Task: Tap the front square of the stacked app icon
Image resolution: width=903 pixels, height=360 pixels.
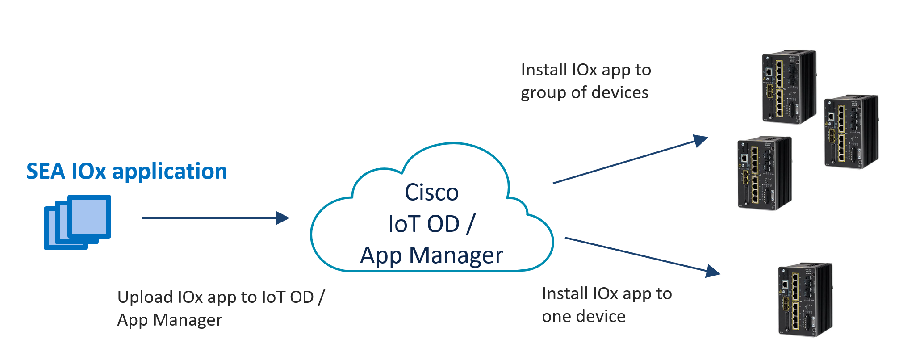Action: click(x=89, y=216)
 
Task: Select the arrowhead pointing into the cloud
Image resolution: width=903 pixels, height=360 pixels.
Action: click(x=283, y=218)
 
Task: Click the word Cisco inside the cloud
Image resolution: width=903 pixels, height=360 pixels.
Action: click(x=431, y=193)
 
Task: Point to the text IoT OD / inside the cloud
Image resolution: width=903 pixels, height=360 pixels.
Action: click(x=431, y=224)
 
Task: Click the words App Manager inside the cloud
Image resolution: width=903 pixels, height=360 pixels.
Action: click(x=431, y=255)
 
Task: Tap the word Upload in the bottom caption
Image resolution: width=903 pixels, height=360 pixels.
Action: click(x=145, y=297)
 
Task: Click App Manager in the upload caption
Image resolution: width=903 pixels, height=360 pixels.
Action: click(x=170, y=320)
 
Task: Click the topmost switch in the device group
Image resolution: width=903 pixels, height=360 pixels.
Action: click(x=789, y=87)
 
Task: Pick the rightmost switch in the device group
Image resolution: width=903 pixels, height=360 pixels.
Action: click(x=851, y=132)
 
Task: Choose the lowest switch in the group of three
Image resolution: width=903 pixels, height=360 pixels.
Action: click(x=765, y=173)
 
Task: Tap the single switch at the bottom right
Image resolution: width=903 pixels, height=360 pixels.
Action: click(x=805, y=300)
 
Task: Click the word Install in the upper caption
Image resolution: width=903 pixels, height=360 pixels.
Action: click(x=543, y=70)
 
